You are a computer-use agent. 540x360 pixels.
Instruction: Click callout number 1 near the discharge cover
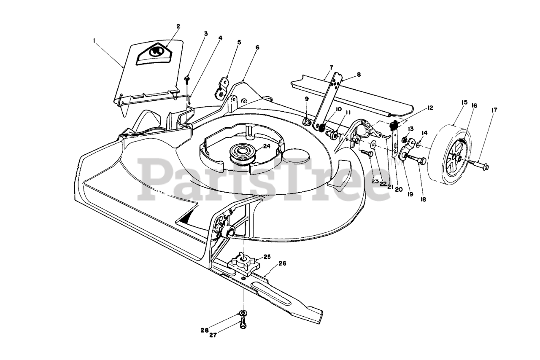click(x=94, y=40)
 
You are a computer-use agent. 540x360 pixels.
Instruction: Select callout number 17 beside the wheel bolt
click(x=494, y=110)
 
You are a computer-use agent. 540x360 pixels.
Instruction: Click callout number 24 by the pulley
click(x=266, y=146)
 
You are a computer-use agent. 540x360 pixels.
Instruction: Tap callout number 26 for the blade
click(x=282, y=264)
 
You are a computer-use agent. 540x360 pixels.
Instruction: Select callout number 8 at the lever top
click(x=359, y=75)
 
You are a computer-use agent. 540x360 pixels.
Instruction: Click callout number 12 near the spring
click(x=430, y=108)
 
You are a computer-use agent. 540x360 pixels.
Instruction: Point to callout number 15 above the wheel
click(x=452, y=102)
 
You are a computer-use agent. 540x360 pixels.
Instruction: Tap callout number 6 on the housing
click(x=257, y=48)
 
